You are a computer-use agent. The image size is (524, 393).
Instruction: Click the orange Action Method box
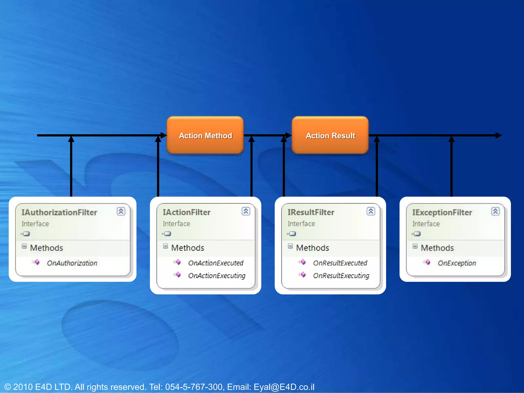pyautogui.click(x=205, y=135)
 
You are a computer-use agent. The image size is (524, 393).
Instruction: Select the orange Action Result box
pyautogui.click(x=330, y=135)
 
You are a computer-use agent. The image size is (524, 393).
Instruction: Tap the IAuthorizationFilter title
pyautogui.click(x=59, y=212)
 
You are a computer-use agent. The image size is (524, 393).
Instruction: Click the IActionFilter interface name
pyautogui.click(x=187, y=212)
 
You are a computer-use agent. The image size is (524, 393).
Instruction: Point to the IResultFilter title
pyautogui.click(x=311, y=212)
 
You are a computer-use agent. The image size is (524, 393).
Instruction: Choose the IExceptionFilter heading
pyautogui.click(x=442, y=212)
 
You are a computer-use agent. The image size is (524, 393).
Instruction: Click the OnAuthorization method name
pyautogui.click(x=72, y=263)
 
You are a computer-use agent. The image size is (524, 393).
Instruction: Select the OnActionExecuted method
pyautogui.click(x=216, y=263)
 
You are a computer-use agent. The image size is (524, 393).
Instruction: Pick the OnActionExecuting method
pyautogui.click(x=217, y=276)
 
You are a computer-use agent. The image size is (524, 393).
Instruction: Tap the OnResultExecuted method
pyautogui.click(x=340, y=263)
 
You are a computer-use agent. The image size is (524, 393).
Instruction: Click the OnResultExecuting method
pyautogui.click(x=341, y=276)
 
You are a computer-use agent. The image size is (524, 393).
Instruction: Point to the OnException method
pyautogui.click(x=457, y=263)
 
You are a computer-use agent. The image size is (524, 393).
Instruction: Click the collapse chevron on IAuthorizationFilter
pyautogui.click(x=121, y=211)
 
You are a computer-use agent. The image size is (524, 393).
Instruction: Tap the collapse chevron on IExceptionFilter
pyautogui.click(x=495, y=211)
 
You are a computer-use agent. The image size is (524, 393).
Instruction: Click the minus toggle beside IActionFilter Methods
pyautogui.click(x=166, y=246)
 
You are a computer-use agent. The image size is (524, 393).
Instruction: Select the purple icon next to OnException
pyautogui.click(x=427, y=262)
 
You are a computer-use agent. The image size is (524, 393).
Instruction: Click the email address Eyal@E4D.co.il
pyautogui.click(x=284, y=387)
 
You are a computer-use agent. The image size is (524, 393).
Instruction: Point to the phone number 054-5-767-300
pyautogui.click(x=194, y=387)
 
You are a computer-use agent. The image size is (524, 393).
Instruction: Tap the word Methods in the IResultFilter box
pyautogui.click(x=312, y=248)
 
